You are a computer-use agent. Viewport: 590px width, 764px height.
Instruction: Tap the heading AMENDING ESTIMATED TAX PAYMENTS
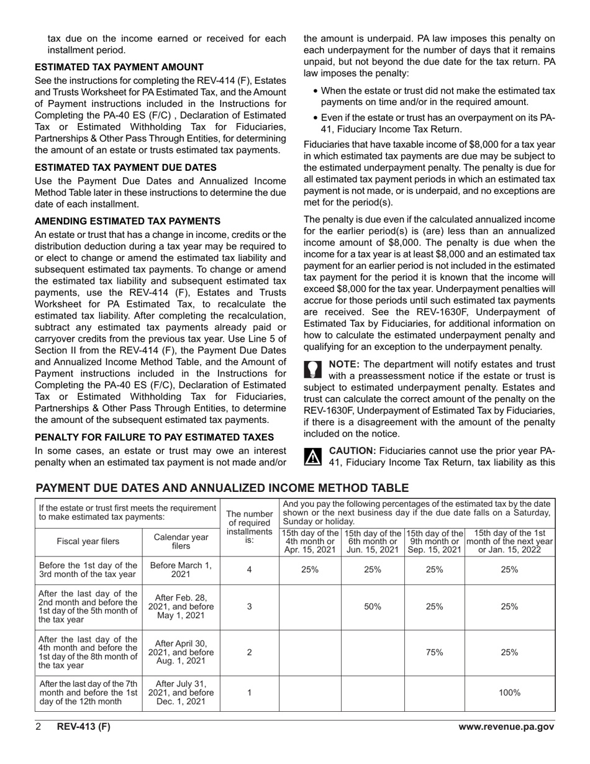click(x=127, y=221)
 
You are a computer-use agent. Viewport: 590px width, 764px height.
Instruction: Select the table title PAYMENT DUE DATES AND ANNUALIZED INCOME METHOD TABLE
click(x=222, y=488)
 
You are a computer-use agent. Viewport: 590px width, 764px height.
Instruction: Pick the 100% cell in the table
click(x=509, y=693)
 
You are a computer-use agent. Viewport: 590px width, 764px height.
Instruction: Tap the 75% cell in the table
click(x=434, y=652)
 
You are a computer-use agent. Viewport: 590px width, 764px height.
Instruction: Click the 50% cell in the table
click(x=372, y=606)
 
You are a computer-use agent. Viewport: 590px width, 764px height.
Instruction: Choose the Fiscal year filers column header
click(x=88, y=542)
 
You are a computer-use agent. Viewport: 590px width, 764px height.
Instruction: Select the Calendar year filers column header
click(x=181, y=542)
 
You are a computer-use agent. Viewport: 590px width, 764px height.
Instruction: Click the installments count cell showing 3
click(x=249, y=606)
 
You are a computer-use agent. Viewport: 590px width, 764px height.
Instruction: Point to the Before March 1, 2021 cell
click(x=181, y=570)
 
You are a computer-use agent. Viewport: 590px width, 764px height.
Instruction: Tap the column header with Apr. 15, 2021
click(x=310, y=542)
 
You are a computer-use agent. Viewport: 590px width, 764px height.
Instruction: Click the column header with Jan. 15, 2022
click(x=509, y=542)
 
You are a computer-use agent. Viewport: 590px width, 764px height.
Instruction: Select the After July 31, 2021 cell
click(x=181, y=693)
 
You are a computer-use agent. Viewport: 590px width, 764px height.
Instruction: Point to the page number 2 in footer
click(x=38, y=727)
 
